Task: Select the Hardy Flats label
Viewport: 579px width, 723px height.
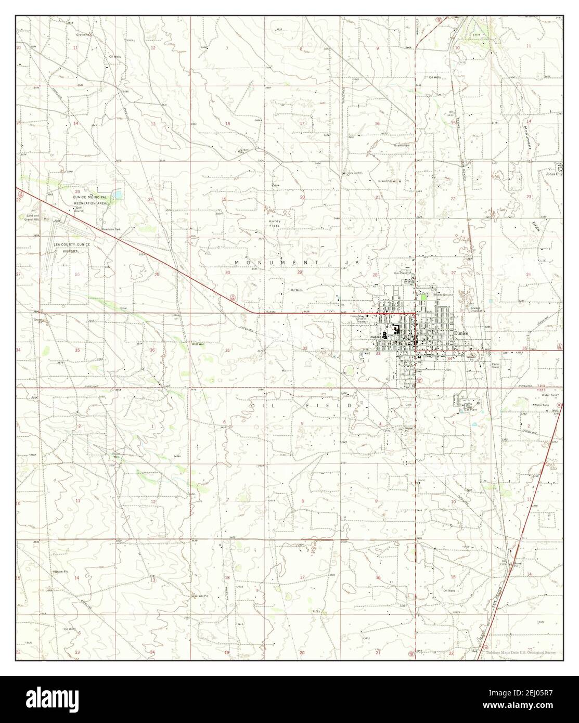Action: (x=276, y=224)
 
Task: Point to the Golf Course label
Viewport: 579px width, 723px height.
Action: (x=79, y=210)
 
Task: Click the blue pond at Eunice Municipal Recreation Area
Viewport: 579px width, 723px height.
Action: (x=119, y=195)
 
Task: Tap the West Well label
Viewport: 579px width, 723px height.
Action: (x=198, y=344)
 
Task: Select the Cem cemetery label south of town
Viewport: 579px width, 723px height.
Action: (x=408, y=404)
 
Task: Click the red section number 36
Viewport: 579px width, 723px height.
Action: (x=152, y=350)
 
